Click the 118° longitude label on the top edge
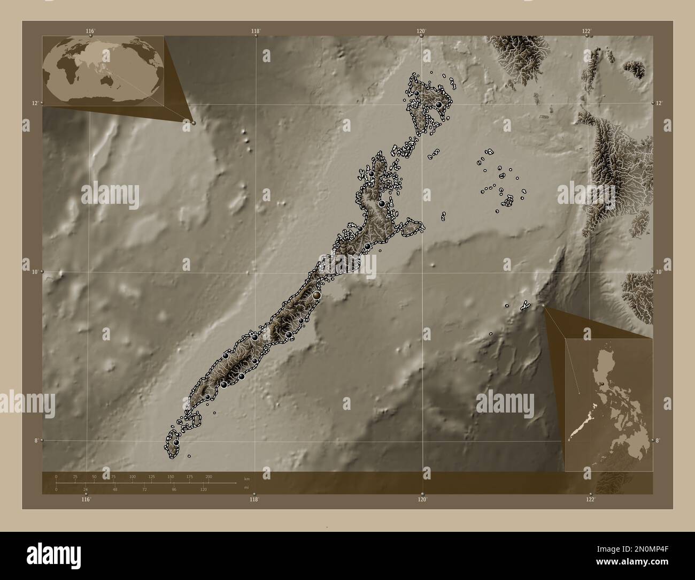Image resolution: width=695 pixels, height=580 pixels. point(256,31)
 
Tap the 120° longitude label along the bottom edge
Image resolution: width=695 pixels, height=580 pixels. point(422,499)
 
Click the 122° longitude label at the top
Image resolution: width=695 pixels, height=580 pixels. point(587,31)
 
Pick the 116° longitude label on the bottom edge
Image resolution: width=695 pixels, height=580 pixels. point(86,499)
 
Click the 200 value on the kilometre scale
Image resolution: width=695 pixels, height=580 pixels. point(208,476)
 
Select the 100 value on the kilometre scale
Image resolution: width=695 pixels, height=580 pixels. point(132,476)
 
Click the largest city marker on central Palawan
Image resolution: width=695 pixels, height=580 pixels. point(316,295)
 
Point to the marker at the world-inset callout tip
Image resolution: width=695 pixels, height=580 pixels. point(194,123)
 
